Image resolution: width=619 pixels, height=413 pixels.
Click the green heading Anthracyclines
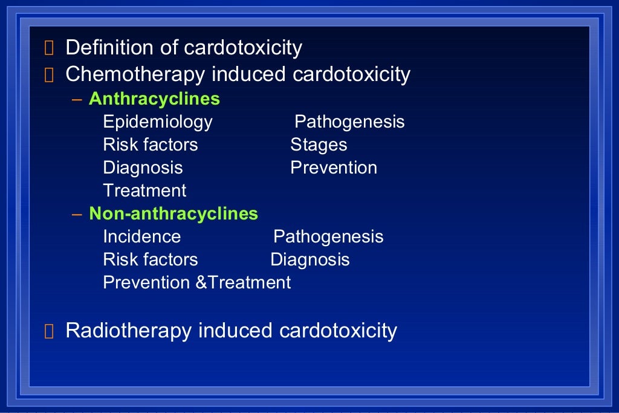154,99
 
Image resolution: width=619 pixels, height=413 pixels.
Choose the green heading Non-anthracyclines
173,213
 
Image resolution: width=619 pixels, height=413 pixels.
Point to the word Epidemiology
158,122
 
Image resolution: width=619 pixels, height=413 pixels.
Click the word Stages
319,145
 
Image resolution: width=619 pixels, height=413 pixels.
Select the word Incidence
142,236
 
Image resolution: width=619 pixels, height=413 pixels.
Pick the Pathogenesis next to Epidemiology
349,122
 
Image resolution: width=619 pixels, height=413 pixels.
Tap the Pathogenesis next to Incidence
328,236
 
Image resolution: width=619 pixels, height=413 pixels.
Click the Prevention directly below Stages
334,167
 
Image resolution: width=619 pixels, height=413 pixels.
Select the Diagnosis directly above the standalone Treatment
143,167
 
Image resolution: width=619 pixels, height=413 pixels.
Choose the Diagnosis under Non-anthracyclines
310,259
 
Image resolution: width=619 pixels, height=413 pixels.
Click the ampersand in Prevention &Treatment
202,282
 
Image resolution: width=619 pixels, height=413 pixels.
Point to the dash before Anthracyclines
77,99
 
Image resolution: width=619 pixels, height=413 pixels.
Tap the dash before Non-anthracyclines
77,214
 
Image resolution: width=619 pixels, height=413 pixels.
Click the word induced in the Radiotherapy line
236,331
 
